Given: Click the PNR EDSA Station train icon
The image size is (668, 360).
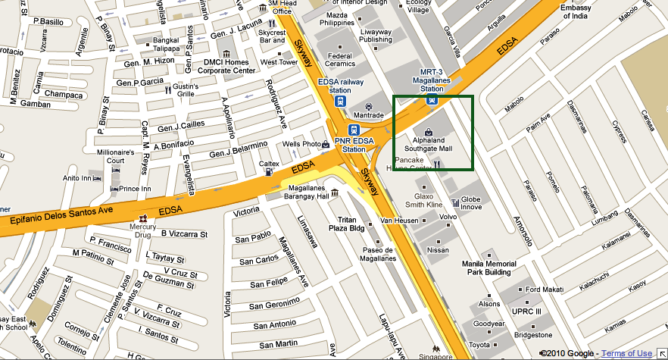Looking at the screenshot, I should (353, 129).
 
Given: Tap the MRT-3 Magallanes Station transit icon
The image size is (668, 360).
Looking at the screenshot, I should (432, 99).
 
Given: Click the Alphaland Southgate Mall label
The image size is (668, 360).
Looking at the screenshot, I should (432, 144).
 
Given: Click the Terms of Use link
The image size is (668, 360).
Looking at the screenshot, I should (626, 353).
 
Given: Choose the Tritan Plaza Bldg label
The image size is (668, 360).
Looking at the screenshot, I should (346, 224).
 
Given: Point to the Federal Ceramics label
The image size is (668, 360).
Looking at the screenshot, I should (339, 60).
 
